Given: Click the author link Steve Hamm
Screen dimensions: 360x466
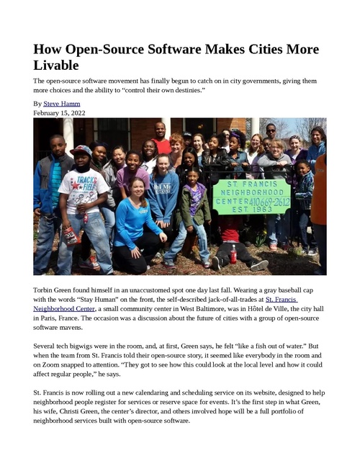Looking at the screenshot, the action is coord(61,104).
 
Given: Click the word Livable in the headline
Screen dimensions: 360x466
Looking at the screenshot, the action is coord(56,66).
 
